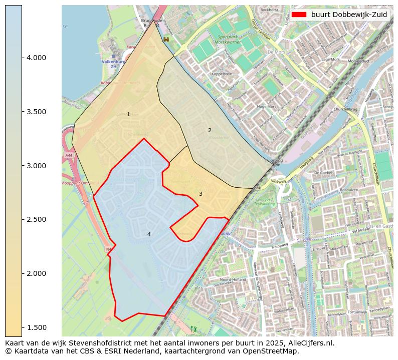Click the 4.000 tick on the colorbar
tap(36, 58)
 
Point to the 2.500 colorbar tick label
tap(36, 219)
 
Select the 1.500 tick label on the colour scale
tap(36, 327)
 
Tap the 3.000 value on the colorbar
tap(36, 166)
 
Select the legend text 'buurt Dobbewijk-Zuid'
tap(349, 15)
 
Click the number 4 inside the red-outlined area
tap(149, 234)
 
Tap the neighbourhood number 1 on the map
tap(128, 115)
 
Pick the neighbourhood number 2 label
tap(210, 130)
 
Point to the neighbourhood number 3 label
tap(201, 194)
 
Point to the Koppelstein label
tap(222, 74)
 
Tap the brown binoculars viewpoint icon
tap(166, 39)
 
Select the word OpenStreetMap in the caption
tap(274, 351)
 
